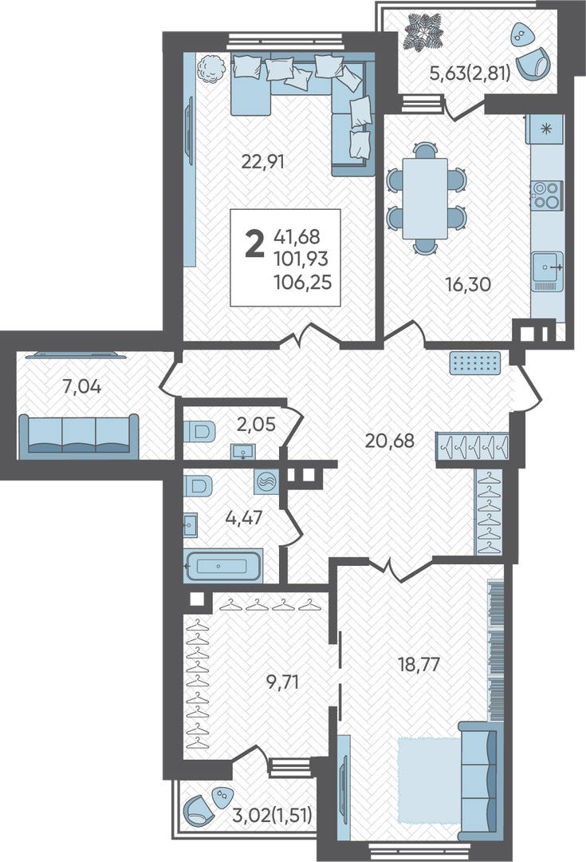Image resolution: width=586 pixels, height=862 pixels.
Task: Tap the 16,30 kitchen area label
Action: (x=468, y=284)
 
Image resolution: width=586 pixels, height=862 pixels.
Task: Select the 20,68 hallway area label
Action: (x=389, y=441)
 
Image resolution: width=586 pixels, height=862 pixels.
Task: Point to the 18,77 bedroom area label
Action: (x=419, y=664)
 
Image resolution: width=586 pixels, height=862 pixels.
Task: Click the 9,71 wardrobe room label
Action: (x=282, y=682)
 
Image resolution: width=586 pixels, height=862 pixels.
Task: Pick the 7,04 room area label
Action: (x=81, y=387)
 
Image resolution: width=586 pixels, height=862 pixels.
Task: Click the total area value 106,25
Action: (x=303, y=282)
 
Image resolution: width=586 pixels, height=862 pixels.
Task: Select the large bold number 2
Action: (x=254, y=245)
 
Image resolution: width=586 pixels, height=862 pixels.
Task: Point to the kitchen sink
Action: (x=548, y=271)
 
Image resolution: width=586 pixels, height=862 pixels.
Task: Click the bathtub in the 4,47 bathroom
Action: (x=223, y=566)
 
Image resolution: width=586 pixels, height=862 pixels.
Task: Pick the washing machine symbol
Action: (x=266, y=483)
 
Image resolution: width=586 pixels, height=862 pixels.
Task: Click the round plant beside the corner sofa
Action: (x=211, y=69)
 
